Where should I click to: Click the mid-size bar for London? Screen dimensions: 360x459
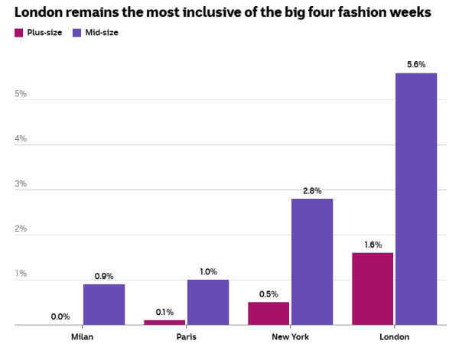pos(416,199)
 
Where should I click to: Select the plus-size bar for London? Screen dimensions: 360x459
pos(373,289)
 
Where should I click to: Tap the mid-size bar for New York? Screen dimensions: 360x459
pos(312,261)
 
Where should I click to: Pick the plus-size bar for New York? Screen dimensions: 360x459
pos(269,313)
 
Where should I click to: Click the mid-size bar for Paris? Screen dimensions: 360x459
pos(208,302)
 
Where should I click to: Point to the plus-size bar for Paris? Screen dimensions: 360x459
pos(164,323)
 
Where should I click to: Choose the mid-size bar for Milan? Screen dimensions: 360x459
pos(104,304)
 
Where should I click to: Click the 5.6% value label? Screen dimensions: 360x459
pos(416,65)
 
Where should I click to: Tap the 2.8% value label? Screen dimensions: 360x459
pos(312,190)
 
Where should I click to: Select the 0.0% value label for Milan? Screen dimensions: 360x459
pos(60,316)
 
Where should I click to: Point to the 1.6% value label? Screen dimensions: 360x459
pos(373,245)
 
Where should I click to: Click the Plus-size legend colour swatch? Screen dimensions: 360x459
pos(19,33)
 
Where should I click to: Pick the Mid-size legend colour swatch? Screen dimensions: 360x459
pos(76,33)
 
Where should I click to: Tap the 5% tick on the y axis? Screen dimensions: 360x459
pos(21,94)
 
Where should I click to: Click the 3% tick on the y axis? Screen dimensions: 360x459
pos(21,183)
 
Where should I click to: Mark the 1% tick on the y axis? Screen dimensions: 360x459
pos(21,274)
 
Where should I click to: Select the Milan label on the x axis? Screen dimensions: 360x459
pos(82,337)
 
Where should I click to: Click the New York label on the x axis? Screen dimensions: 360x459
pos(290,337)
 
